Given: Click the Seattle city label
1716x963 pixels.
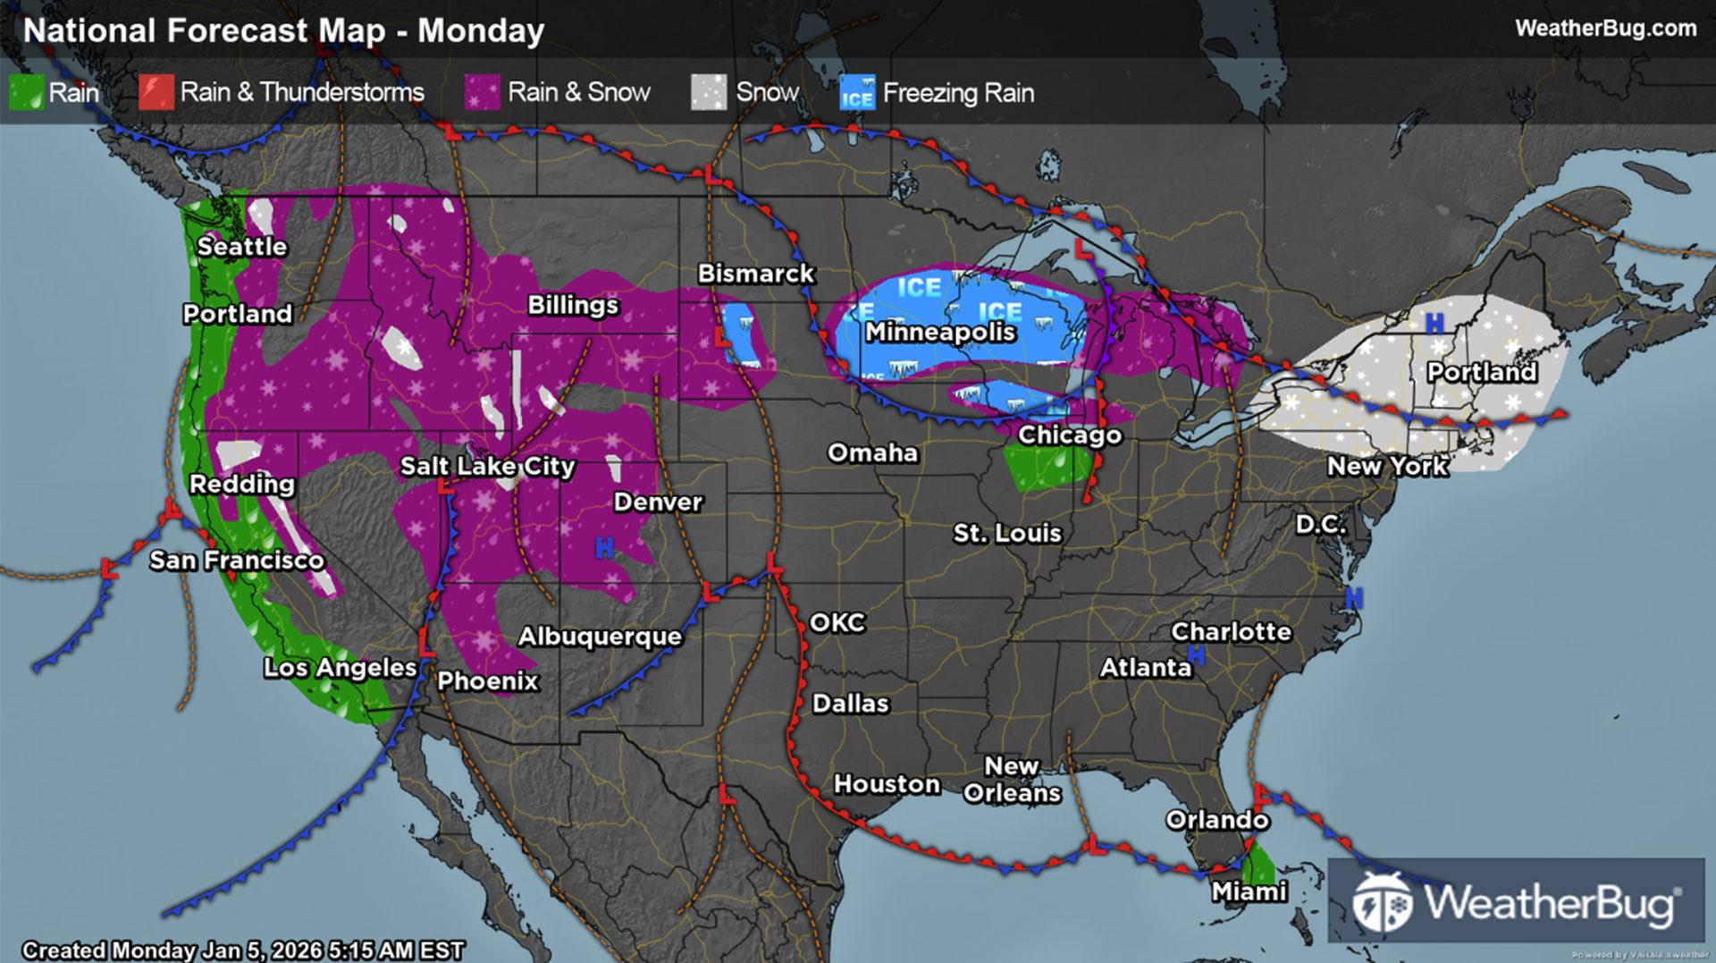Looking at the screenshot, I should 242,247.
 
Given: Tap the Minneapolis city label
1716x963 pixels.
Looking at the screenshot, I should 940,333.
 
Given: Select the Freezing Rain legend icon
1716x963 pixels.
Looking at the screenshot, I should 857,93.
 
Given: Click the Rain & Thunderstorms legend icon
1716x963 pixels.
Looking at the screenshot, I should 156,93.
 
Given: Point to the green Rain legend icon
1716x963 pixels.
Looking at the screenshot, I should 26,93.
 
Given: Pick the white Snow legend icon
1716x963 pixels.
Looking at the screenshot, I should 709,93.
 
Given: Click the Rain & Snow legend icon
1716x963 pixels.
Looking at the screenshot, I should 483,93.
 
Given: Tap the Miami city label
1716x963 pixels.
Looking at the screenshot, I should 1249,891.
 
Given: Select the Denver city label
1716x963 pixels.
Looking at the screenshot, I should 658,503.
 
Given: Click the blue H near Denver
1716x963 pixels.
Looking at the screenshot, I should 604,547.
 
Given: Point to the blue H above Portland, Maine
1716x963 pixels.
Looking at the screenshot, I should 1434,324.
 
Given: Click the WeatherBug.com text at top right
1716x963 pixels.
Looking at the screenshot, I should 1605,29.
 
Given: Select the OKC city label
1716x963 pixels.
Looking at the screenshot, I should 837,623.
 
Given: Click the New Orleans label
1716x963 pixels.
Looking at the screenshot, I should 1012,780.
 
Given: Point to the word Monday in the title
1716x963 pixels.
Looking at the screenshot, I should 481,31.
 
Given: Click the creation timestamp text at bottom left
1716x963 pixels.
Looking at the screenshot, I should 243,950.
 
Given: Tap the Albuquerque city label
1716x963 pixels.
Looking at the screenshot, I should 600,637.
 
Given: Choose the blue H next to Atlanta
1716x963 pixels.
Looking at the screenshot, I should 1197,656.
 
